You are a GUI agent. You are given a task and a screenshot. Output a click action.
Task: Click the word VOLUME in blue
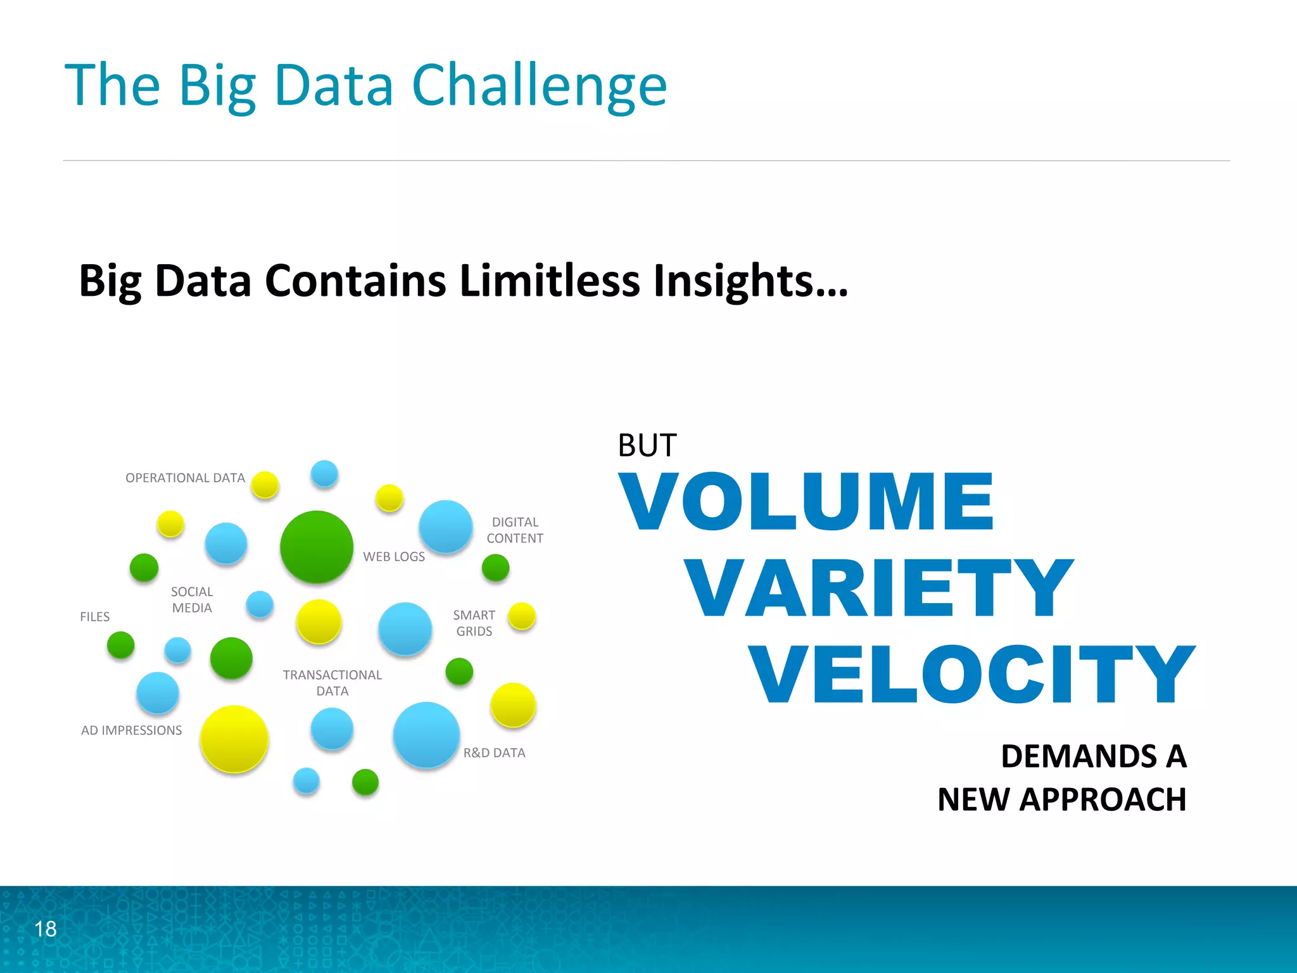806,501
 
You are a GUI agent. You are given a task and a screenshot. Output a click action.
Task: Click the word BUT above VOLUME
647,445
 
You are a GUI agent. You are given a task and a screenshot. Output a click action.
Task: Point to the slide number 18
45,929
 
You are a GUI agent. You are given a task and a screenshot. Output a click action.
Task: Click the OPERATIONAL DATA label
185,478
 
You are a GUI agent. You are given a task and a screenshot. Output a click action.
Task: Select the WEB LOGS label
393,557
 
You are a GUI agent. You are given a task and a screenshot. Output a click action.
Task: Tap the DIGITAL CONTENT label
515,530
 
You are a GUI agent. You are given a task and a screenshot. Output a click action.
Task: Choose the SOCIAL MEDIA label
192,600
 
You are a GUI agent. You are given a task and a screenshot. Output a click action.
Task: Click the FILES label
94,617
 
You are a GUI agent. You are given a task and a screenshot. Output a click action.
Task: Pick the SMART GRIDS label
474,623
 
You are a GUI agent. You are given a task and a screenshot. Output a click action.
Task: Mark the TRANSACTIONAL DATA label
332,683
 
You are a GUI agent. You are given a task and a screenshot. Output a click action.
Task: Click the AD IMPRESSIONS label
131,730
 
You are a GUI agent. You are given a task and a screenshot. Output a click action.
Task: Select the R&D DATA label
494,753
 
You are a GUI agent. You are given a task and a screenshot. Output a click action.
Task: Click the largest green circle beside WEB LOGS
317,547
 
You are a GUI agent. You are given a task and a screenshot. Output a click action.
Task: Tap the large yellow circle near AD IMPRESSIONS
234,739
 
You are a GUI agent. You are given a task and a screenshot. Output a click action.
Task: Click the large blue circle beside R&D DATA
426,735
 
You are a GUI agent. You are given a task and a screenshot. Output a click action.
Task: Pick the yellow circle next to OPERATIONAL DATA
265,485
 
